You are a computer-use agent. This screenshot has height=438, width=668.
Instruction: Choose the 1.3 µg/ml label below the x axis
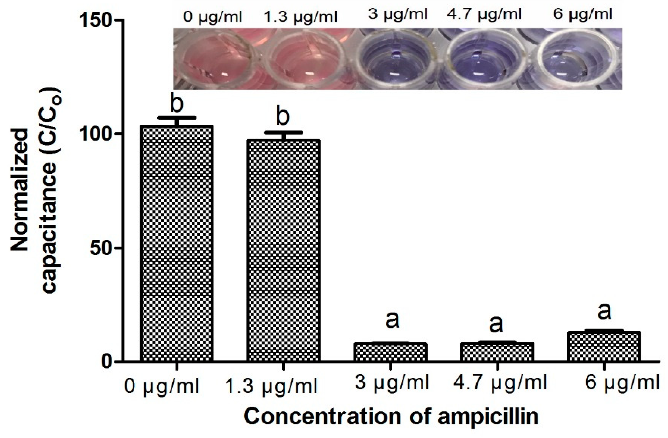(x=271, y=386)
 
